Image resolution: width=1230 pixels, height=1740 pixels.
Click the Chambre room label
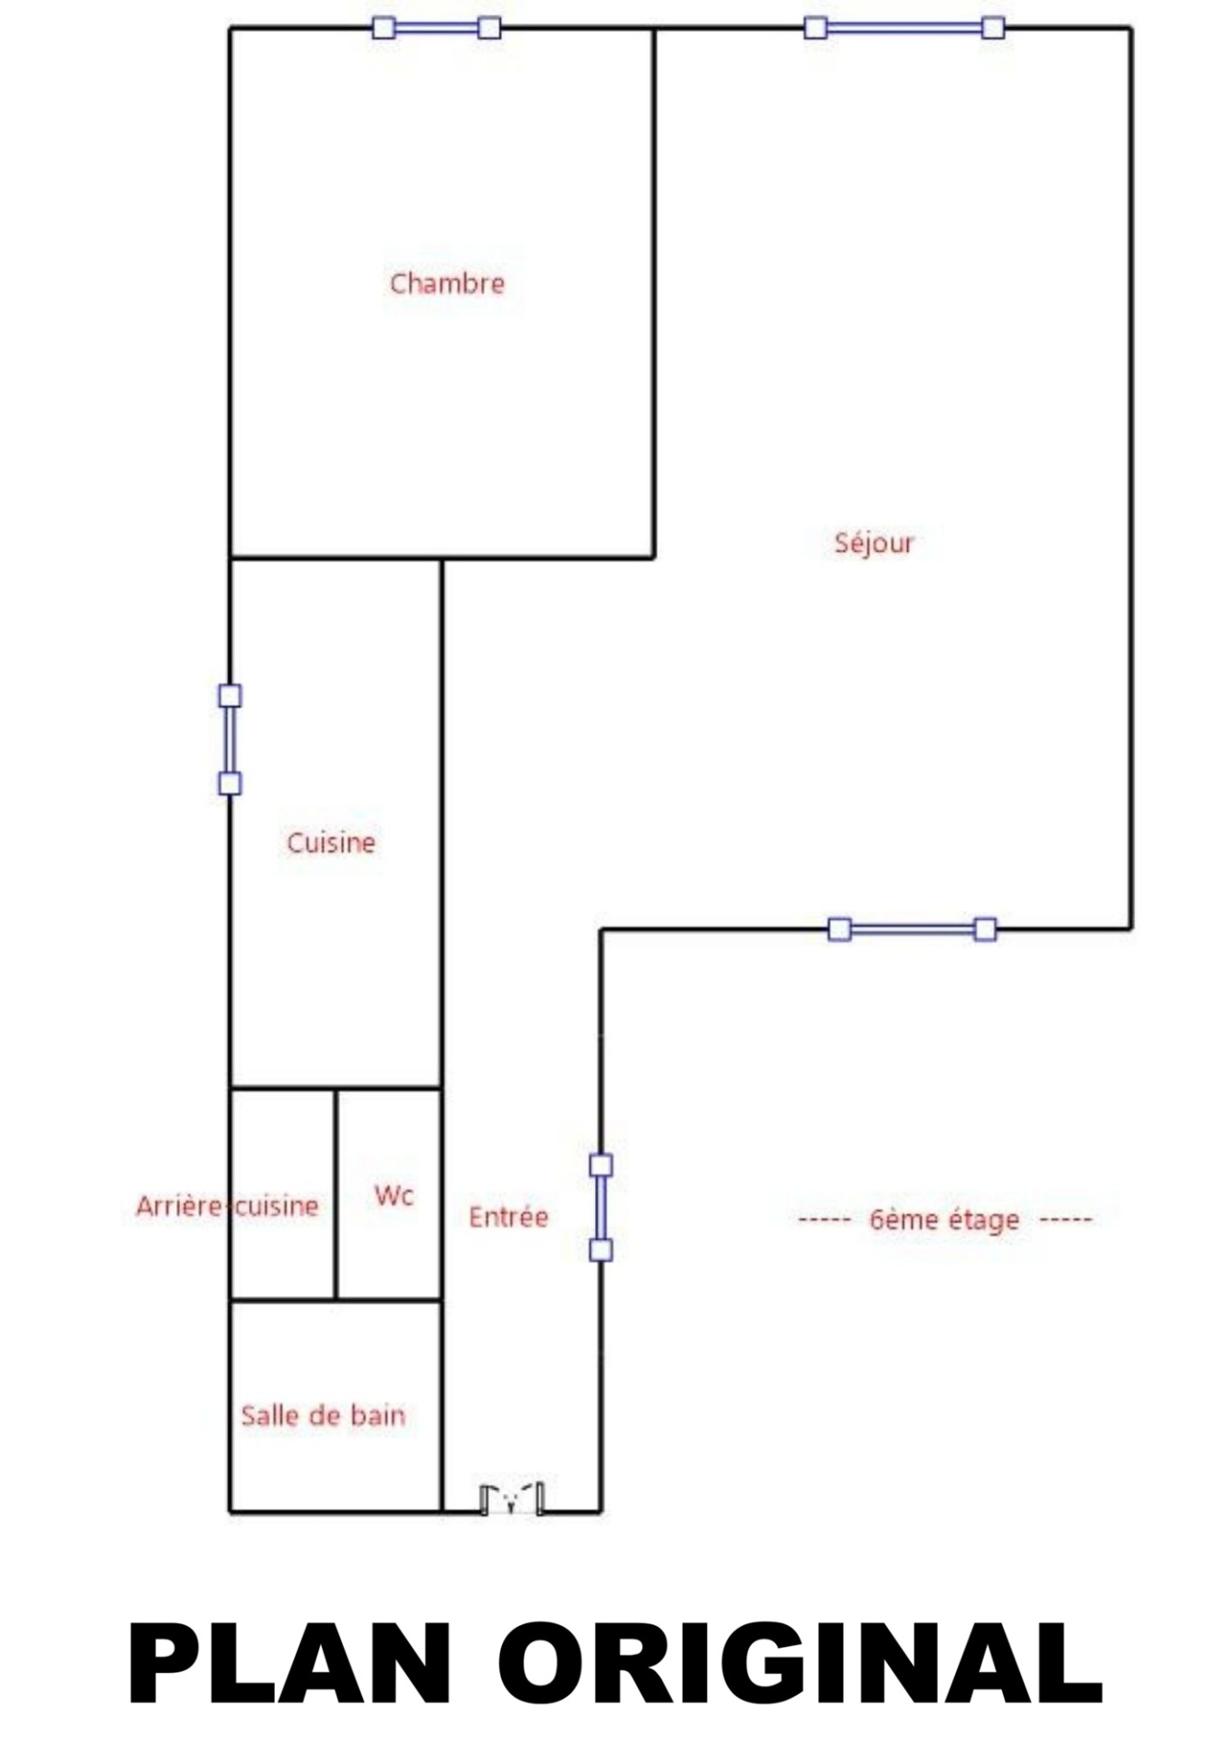point(447,283)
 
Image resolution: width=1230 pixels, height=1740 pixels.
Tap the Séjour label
point(874,543)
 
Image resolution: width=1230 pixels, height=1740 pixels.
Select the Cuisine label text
point(331,842)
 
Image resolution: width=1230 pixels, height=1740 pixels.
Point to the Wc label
point(393,1196)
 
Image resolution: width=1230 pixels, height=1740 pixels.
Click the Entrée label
point(508,1216)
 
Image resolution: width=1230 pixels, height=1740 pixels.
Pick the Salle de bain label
point(323,1415)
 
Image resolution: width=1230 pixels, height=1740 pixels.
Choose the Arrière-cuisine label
point(227,1206)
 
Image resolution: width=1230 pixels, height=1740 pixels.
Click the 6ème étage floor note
point(945,1220)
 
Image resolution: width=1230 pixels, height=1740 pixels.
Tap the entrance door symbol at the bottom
point(512,1500)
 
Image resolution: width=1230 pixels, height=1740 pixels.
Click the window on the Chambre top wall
point(437,28)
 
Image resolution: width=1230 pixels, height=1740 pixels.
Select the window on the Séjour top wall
point(904,28)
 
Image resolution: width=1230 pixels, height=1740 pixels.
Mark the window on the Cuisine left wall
point(230,739)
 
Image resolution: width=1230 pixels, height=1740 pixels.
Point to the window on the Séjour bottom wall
point(913,929)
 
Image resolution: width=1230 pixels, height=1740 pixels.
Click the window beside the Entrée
point(601,1207)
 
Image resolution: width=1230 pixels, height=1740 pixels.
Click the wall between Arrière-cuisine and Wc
point(336,1194)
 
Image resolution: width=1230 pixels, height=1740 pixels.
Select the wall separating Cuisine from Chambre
point(336,558)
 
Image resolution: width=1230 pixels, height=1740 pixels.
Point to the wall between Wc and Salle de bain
point(389,1300)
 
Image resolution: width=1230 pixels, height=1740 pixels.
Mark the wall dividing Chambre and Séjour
point(654,293)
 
